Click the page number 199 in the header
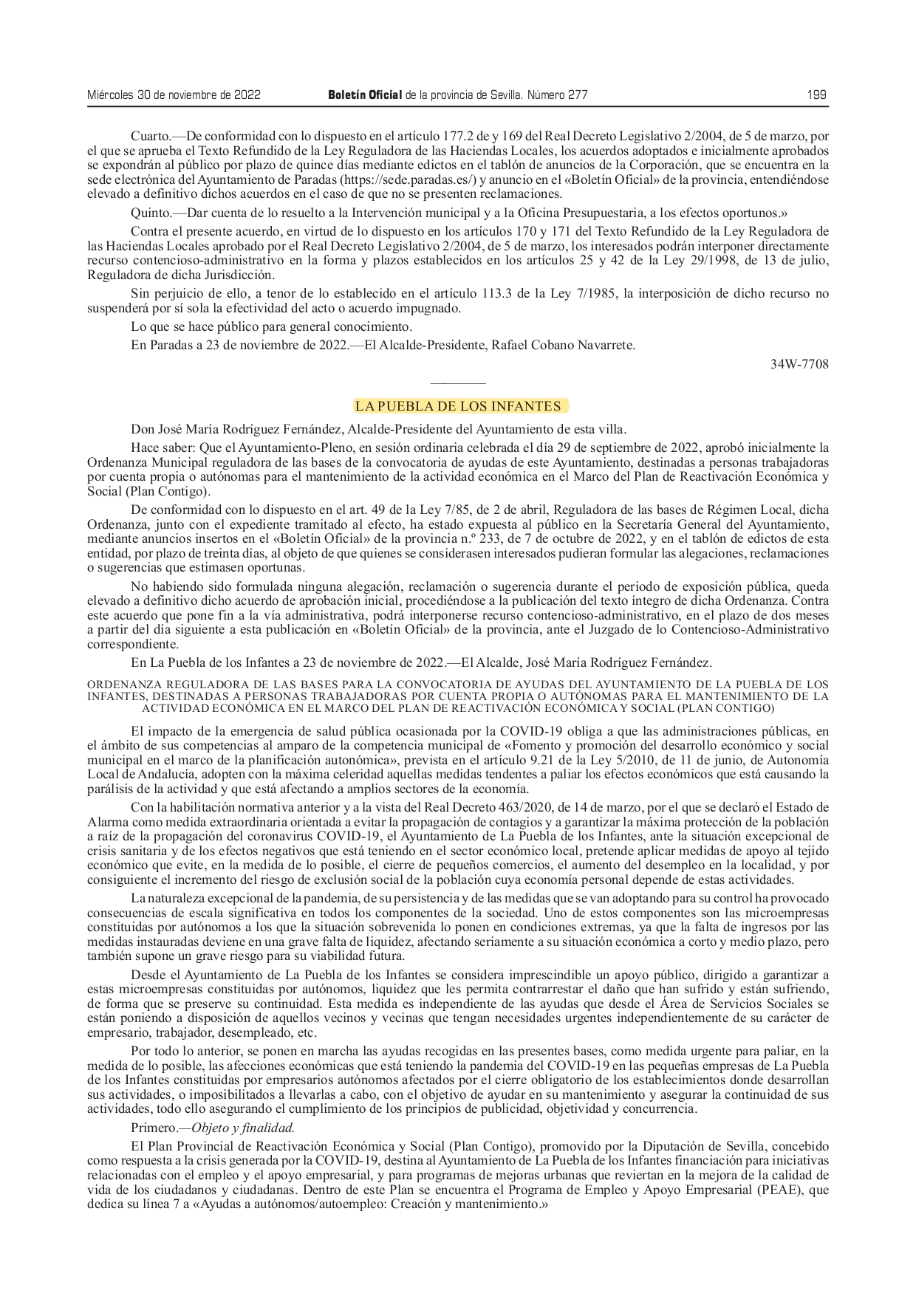(816, 95)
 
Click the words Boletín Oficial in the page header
(365, 95)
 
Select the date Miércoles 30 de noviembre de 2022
(174, 95)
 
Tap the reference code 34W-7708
(799, 363)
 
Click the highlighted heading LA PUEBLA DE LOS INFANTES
(458, 406)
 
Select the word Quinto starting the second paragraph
(150, 213)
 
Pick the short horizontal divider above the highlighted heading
(458, 384)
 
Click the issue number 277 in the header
(577, 95)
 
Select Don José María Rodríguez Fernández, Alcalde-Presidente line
(378, 428)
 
